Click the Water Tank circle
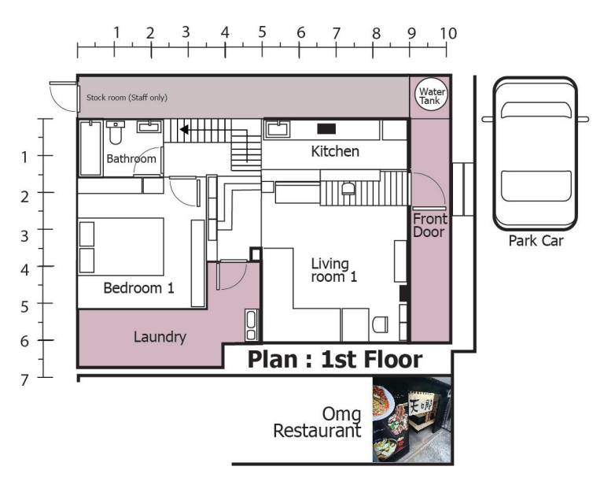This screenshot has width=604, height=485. pyautogui.click(x=432, y=94)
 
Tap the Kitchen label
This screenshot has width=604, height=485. pyautogui.click(x=335, y=151)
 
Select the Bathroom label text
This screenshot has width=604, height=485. pyautogui.click(x=131, y=159)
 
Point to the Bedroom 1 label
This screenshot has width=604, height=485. pyautogui.click(x=138, y=288)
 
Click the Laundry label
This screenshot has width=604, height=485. pyautogui.click(x=160, y=337)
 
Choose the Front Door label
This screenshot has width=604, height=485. pyautogui.click(x=430, y=225)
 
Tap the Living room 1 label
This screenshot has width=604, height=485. pyautogui.click(x=333, y=270)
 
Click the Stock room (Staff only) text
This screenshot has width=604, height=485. pyautogui.click(x=127, y=98)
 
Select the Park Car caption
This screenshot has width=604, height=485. pyautogui.click(x=536, y=241)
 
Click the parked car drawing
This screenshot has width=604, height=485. pyautogui.click(x=536, y=154)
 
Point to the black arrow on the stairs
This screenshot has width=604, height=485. pyautogui.click(x=185, y=130)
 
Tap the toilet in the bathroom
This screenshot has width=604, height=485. pyautogui.click(x=116, y=132)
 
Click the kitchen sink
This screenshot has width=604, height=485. pyautogui.click(x=277, y=129)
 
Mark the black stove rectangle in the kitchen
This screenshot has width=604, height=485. pyautogui.click(x=326, y=129)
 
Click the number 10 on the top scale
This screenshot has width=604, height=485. pyautogui.click(x=448, y=34)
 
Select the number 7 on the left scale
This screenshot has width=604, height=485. pyautogui.click(x=24, y=380)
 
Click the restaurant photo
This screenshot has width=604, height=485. pyautogui.click(x=411, y=420)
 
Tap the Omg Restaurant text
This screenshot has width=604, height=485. pyautogui.click(x=318, y=423)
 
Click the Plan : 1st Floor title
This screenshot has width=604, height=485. pyautogui.click(x=335, y=359)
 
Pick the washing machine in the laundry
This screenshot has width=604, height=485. pyautogui.click(x=251, y=325)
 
